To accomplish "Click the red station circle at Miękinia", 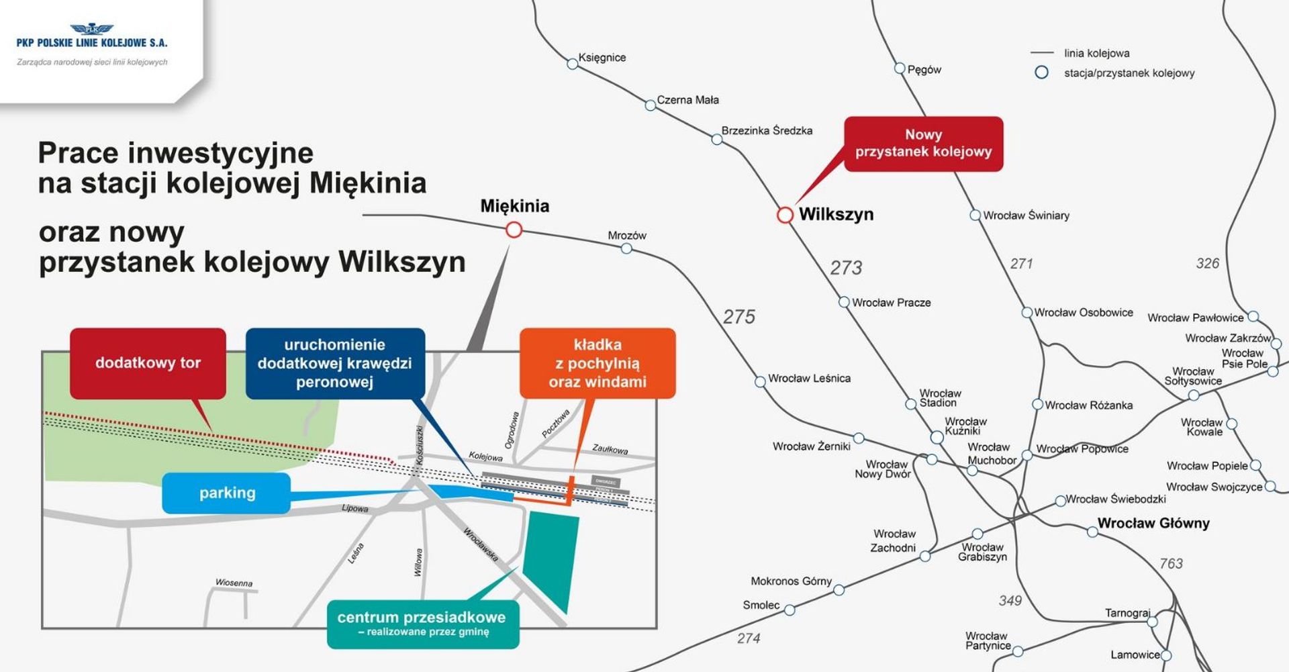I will tap(514, 230).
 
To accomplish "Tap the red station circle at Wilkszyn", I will tap(785, 215).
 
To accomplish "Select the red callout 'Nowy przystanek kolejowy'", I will tap(923, 144).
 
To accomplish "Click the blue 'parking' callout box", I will tap(227, 493).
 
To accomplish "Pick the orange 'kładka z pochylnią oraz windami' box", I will tap(597, 363).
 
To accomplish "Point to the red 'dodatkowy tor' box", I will tap(148, 363).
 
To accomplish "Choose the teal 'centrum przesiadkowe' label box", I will tap(422, 624).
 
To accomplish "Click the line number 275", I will tap(738, 316).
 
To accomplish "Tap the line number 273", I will tap(845, 268).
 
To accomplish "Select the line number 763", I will tap(1171, 564).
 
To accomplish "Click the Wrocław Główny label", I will tap(1153, 523).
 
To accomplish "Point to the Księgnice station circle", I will tap(572, 64).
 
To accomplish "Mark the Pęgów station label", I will tap(924, 70).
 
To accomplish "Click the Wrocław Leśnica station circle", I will tap(760, 381).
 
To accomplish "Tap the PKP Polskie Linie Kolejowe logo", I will tap(92, 37).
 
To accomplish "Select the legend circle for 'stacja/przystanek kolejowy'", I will tap(1041, 73).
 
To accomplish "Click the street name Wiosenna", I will tap(234, 583).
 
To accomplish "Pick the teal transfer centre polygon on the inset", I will tap(551, 557).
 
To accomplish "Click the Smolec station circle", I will tap(790, 610).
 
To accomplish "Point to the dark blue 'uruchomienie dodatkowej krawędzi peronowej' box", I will tap(335, 363).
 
